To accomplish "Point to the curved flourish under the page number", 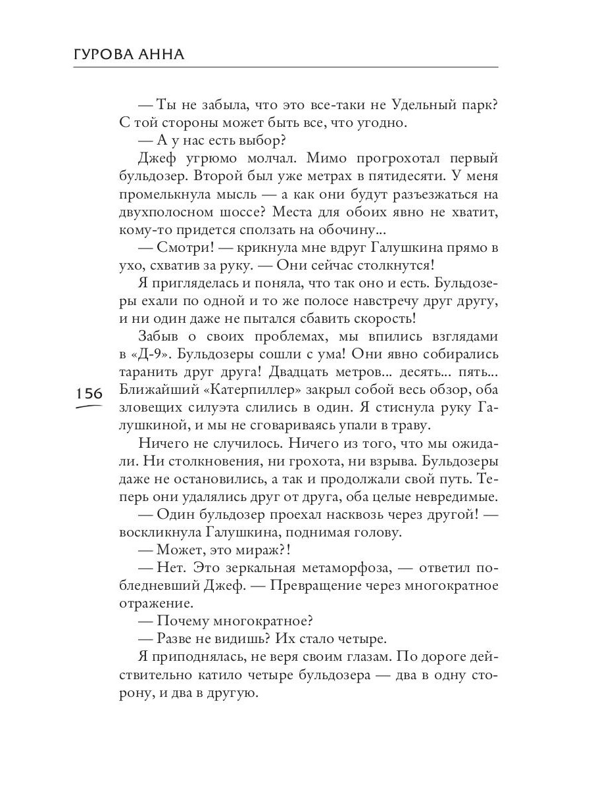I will pyautogui.click(x=89, y=407).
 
